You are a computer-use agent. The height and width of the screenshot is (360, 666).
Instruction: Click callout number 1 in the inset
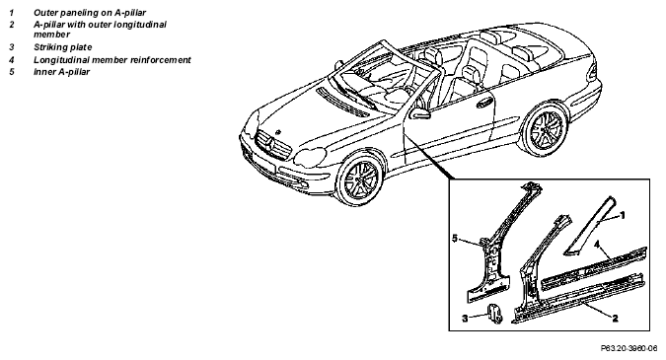click(x=623, y=216)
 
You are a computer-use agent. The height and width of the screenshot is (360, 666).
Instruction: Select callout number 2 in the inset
click(x=615, y=318)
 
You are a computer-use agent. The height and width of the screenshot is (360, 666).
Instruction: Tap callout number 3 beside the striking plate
click(x=465, y=318)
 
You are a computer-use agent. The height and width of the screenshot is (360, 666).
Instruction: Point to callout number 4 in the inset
click(x=597, y=245)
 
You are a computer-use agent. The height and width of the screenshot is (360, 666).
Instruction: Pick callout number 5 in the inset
click(x=455, y=239)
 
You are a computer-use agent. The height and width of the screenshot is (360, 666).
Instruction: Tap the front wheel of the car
click(x=360, y=178)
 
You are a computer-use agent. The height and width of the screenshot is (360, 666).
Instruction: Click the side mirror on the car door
click(x=419, y=113)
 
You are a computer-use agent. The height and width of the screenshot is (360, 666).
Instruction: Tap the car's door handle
click(x=483, y=103)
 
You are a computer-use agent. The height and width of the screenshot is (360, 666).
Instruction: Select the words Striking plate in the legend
click(x=62, y=47)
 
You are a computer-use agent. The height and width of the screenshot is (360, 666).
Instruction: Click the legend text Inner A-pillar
click(x=61, y=72)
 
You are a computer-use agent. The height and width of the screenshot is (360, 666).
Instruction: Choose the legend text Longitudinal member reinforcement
click(x=112, y=60)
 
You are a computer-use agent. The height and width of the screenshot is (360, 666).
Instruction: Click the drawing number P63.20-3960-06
click(x=629, y=348)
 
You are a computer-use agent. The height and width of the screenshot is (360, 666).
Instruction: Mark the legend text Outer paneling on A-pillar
click(x=90, y=13)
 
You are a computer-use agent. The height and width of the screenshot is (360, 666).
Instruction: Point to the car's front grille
click(x=272, y=145)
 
